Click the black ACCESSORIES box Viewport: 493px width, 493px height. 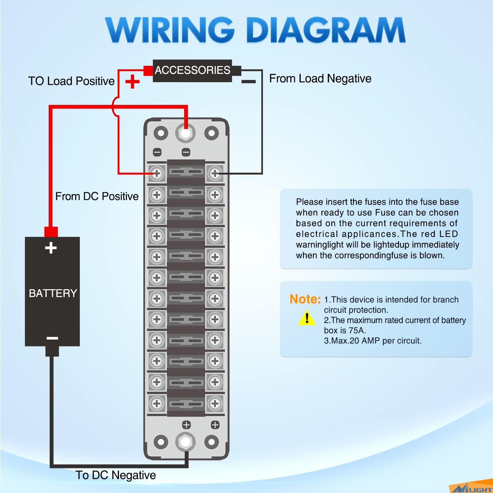click(x=193, y=70)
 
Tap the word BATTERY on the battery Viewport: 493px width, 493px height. click(x=53, y=293)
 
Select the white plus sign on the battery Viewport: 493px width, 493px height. click(x=51, y=248)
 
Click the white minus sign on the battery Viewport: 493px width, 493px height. click(x=52, y=338)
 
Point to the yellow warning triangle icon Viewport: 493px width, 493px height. click(x=307, y=318)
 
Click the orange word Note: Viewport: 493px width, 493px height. click(x=305, y=299)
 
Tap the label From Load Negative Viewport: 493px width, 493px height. click(x=320, y=79)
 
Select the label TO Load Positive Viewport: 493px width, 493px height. click(x=71, y=81)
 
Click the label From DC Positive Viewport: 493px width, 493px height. click(x=97, y=196)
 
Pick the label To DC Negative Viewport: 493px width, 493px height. click(x=116, y=475)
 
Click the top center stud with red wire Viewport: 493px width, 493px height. click(x=185, y=133)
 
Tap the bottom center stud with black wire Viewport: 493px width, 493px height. click(x=186, y=442)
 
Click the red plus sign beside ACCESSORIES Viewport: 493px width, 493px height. click(x=132, y=82)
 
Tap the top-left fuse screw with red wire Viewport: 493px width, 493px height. click(x=157, y=173)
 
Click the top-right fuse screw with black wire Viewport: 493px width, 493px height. click(x=215, y=173)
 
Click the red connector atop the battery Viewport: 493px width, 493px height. click(x=51, y=231)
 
